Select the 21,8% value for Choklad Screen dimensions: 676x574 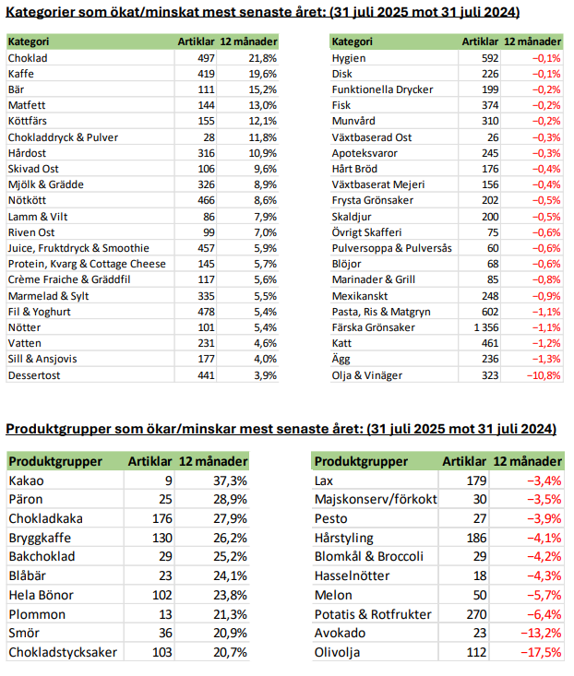[x=262, y=57]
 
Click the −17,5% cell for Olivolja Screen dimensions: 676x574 [x=542, y=653]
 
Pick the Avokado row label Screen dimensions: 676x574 [x=341, y=634]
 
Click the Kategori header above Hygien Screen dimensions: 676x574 [x=352, y=42]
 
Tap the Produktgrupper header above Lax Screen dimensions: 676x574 [x=362, y=461]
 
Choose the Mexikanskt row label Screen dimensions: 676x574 [x=359, y=295]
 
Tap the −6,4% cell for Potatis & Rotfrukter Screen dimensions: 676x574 [x=544, y=614]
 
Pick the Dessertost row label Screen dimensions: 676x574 [x=35, y=375]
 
